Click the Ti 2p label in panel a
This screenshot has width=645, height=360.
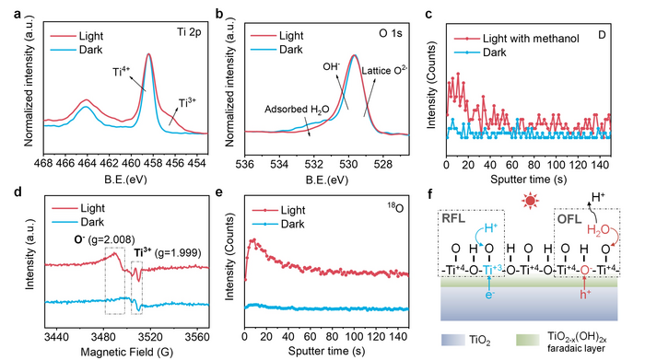(189, 32)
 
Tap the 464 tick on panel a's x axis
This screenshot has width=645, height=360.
(87, 164)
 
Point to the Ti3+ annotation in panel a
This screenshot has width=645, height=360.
(187, 102)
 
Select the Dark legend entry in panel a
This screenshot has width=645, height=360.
(76, 50)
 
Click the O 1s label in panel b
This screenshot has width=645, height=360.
(391, 33)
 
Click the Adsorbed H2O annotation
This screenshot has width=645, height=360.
(297, 110)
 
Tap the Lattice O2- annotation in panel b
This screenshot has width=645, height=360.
(384, 71)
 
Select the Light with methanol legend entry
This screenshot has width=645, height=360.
(517, 39)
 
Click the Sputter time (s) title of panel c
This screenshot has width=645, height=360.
(528, 180)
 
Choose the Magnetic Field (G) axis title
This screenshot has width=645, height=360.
(127, 352)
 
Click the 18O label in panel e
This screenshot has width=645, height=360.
(395, 207)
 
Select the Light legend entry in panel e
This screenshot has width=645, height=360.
(278, 211)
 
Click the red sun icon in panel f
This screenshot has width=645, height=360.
(530, 201)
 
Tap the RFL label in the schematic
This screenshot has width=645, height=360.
(453, 218)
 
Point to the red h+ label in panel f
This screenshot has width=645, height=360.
(585, 295)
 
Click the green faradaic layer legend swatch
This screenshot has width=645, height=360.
(527, 340)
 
